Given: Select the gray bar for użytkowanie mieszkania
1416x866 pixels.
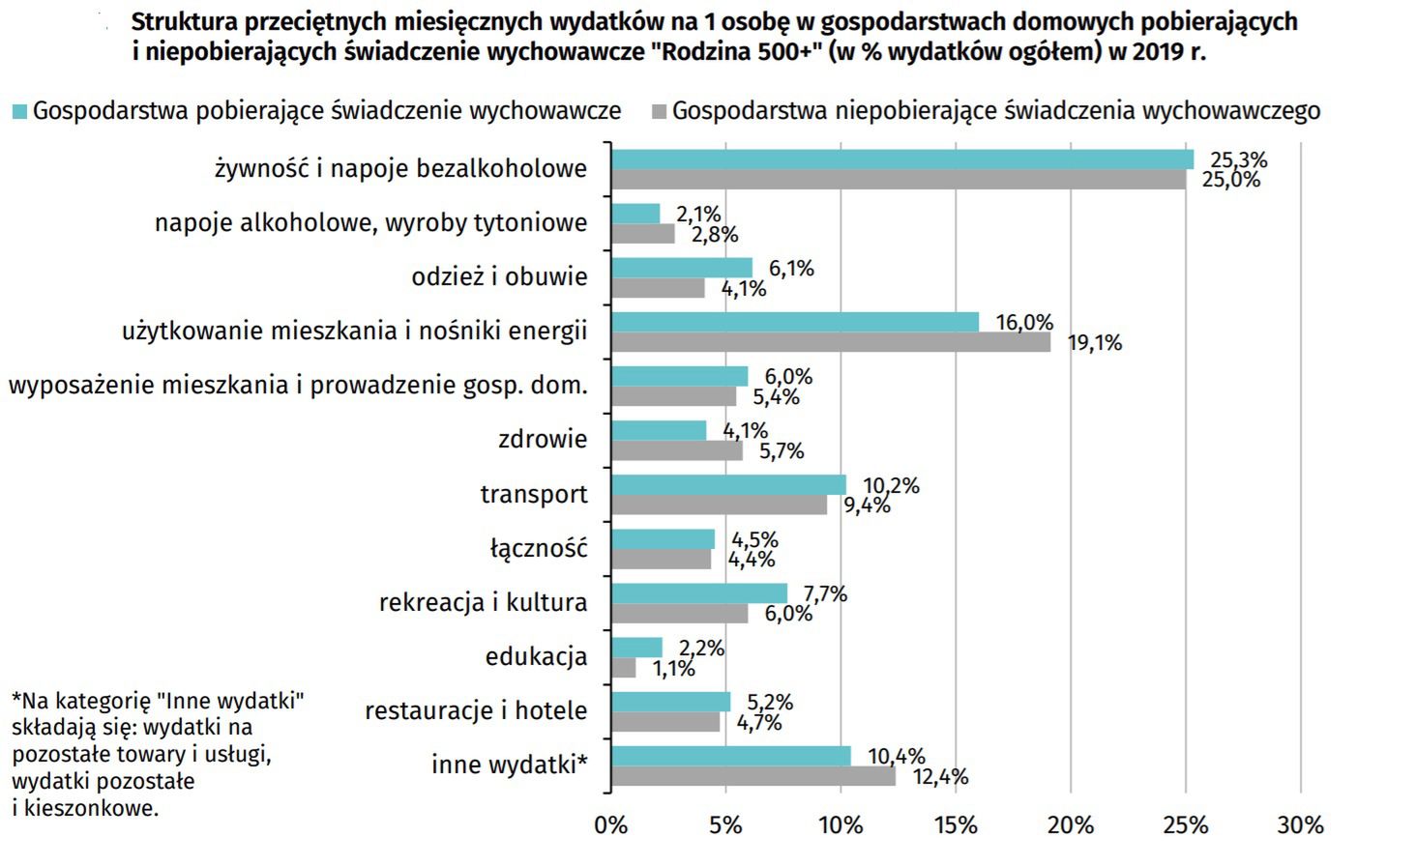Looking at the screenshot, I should point(831,342).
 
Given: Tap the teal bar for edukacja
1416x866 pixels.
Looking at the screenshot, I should point(636,648).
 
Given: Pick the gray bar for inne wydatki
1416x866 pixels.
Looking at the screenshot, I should point(753,776).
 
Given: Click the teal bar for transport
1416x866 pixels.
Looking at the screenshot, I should point(728,484).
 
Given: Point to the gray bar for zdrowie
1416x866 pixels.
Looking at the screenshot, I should point(677,450).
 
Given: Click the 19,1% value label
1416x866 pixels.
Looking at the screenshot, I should point(1095,343).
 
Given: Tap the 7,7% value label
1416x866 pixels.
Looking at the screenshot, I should point(825,594).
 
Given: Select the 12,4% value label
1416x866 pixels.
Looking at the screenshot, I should point(940,777).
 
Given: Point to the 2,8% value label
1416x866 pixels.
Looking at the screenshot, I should point(715,234).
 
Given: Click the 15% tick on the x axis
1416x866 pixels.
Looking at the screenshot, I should point(956,825).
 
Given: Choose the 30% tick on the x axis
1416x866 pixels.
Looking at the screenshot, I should point(1300,825).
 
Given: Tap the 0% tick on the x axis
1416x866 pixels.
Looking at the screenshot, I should point(610,825).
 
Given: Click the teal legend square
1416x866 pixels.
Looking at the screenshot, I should point(19,111).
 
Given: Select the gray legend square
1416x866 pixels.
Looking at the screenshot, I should point(660,111).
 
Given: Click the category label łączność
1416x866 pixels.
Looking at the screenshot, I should point(539,549).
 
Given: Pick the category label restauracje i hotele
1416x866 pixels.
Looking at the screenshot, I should point(476,711).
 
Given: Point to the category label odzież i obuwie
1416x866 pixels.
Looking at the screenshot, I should point(499,277).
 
